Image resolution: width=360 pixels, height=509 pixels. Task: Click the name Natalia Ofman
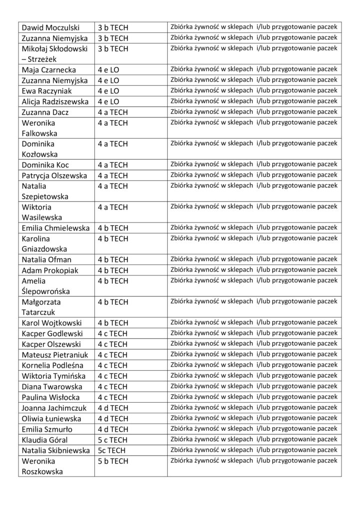click(x=47, y=259)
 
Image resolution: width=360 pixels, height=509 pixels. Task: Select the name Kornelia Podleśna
click(x=51, y=365)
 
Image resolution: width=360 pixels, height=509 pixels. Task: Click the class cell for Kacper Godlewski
click(x=113, y=333)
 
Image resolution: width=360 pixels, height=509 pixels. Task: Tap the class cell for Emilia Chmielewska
click(x=113, y=228)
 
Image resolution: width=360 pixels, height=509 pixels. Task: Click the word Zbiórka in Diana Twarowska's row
click(x=182, y=386)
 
